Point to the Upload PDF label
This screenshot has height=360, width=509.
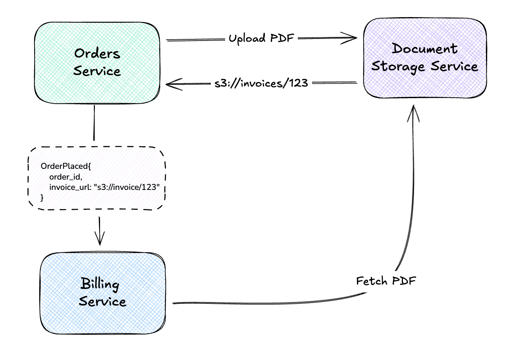click(x=261, y=39)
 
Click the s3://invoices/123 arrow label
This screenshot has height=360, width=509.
click(x=261, y=83)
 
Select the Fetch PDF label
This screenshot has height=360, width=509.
click(x=386, y=281)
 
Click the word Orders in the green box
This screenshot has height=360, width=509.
click(x=97, y=53)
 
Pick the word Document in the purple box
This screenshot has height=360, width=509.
click(x=425, y=49)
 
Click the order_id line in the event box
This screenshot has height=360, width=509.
click(x=66, y=177)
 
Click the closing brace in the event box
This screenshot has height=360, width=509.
click(x=42, y=197)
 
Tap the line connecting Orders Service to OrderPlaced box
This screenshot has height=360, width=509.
click(x=94, y=123)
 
